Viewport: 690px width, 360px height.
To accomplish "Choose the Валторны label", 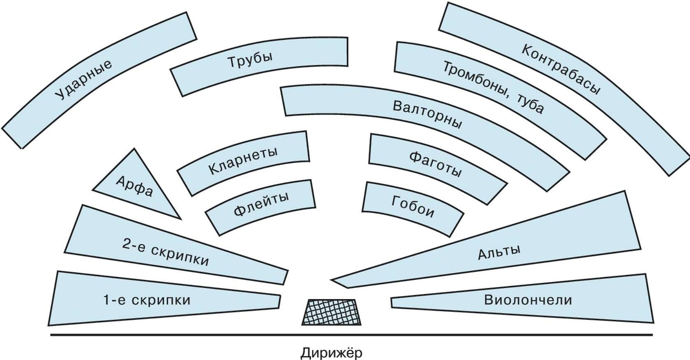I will click(x=427, y=114).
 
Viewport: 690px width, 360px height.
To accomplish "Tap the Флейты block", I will click(x=261, y=204).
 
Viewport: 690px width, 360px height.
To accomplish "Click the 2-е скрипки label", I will click(x=165, y=252).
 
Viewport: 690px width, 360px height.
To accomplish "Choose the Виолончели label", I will click(x=527, y=300).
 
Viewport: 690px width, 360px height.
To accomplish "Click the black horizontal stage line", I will click(x=200, y=335).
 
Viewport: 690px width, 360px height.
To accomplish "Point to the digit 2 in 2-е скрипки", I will click(x=126, y=244).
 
